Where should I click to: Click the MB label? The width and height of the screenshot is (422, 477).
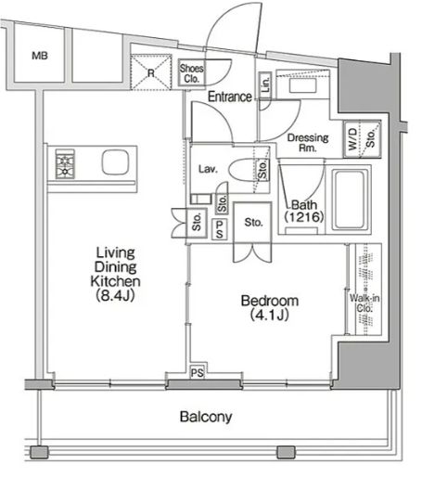pos(40,56)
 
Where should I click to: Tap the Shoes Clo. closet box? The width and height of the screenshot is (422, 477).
pos(191,73)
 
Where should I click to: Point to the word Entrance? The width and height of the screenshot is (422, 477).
pos(230,97)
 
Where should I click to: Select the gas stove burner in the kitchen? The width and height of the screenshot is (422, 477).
pos(65,164)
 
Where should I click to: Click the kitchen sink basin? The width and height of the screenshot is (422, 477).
pos(115,162)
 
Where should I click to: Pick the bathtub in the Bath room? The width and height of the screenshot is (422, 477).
pos(351,200)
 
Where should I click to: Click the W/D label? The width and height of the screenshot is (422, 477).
pos(352,139)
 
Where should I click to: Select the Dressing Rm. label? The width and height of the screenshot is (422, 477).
pos(308,143)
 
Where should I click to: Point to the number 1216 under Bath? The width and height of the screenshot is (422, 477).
pos(304,217)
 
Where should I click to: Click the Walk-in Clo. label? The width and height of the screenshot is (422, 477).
pos(364,303)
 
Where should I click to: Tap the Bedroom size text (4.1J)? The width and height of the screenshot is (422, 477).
pos(270,316)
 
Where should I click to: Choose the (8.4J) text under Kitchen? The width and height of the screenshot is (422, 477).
pos(115,296)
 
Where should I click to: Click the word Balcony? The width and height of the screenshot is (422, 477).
pos(206,417)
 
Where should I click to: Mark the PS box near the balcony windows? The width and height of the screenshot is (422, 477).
pos(198,372)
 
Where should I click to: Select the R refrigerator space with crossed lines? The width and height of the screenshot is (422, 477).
pos(151,72)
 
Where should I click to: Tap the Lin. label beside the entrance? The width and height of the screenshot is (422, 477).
pos(265,84)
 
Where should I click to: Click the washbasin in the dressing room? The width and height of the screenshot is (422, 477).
pos(302,84)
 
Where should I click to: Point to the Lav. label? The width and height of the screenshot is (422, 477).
pos(208,169)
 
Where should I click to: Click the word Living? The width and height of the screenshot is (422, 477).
pos(116,253)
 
